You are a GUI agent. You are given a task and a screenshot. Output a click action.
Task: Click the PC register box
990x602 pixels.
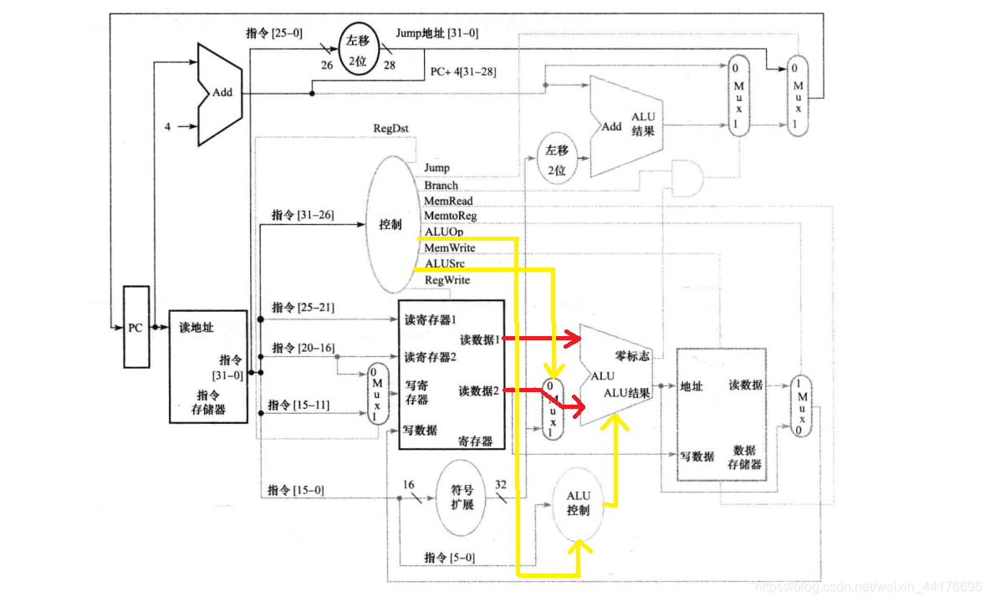[x=136, y=327]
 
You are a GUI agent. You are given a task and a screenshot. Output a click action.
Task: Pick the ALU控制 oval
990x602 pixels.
[x=578, y=503]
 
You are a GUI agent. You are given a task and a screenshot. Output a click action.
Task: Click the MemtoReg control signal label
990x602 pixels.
[x=450, y=217]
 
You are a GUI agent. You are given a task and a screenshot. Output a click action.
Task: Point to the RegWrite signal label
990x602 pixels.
[x=447, y=280]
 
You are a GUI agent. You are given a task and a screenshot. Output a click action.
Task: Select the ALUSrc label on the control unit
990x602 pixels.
[x=444, y=264]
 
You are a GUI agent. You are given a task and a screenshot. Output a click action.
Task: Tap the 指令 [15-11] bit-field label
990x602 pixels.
[x=298, y=406]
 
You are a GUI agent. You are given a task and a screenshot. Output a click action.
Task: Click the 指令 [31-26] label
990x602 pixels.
[x=302, y=216]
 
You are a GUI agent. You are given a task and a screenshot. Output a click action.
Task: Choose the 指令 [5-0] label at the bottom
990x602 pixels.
[x=449, y=558]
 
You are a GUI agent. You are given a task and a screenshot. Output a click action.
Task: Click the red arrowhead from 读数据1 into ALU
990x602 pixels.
[x=573, y=339]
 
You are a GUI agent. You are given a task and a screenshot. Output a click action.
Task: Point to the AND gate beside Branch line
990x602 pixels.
[x=687, y=177]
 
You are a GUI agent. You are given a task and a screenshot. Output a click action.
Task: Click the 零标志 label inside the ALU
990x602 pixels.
[x=632, y=356]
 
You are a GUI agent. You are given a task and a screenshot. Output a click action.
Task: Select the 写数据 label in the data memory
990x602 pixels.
[x=697, y=457]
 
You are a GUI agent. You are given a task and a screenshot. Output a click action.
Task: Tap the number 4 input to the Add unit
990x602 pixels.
[x=167, y=127]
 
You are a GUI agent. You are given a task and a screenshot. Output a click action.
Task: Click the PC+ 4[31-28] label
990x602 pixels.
[x=462, y=72]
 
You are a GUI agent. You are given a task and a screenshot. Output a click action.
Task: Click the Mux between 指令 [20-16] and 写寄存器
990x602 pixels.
[x=378, y=395]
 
